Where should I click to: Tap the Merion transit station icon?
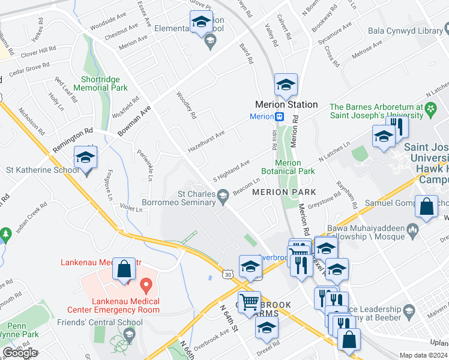tap(280, 116)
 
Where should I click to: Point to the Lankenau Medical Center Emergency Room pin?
tap(145, 283)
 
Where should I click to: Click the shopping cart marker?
tap(249, 301)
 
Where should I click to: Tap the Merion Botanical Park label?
tap(295, 167)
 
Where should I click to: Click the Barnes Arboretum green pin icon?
tap(430, 109)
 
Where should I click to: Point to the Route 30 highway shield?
tap(226, 274)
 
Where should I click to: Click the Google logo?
tap(20, 353)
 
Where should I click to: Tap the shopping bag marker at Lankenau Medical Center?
tap(124, 271)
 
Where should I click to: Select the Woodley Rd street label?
tap(186, 105)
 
